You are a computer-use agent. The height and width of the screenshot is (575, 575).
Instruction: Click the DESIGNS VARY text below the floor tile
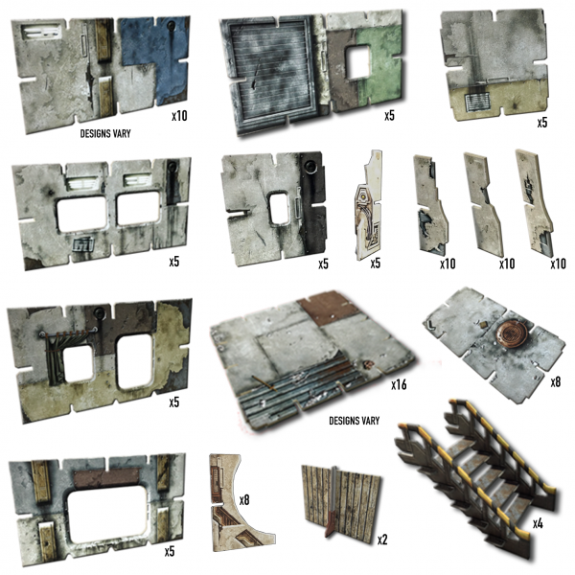(353, 421)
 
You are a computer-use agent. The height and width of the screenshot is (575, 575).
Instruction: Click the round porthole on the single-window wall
(311, 166)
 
